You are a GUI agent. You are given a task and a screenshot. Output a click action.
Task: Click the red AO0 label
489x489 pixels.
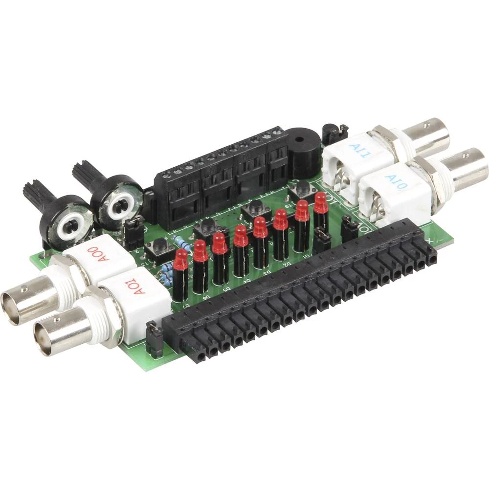(x=96, y=255)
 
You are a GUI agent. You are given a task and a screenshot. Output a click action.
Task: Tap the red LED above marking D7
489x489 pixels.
(x=180, y=259)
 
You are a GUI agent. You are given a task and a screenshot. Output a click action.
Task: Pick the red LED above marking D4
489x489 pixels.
(x=241, y=237)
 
